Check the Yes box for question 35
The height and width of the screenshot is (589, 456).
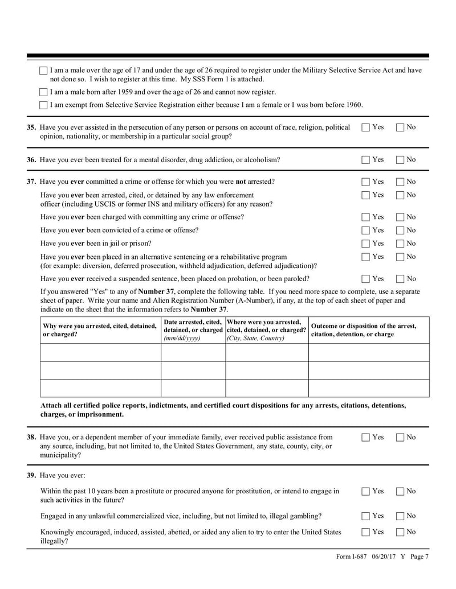click(366, 127)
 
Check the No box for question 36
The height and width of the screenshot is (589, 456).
click(400, 160)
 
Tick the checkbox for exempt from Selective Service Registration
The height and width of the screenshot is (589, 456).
click(44, 105)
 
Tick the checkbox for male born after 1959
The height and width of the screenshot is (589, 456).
click(44, 92)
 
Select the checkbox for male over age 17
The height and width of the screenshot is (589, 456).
click(44, 71)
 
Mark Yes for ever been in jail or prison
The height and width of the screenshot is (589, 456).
click(366, 244)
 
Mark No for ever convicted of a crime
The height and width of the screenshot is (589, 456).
click(400, 230)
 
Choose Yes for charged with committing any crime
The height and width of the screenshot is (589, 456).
click(366, 217)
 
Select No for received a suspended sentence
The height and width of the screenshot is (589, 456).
click(400, 279)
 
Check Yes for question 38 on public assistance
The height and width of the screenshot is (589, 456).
click(366, 438)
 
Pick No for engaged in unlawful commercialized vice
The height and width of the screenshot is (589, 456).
click(400, 516)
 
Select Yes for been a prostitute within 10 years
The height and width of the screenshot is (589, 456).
click(366, 491)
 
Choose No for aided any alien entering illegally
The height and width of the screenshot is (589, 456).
click(400, 532)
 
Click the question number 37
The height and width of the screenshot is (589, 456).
click(32, 182)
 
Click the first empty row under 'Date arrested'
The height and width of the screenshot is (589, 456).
click(193, 352)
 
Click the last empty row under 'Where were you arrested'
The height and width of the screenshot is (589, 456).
click(267, 388)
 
